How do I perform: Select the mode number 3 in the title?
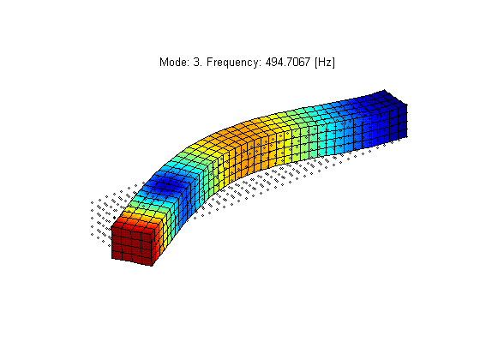click(x=196, y=62)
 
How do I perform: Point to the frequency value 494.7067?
click(x=288, y=62)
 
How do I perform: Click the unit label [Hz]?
click(x=325, y=63)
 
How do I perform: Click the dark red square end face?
click(x=132, y=246)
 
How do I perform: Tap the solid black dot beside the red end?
click(x=115, y=218)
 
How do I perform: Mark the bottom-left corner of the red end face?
click(x=111, y=259)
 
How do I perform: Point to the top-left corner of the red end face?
click(x=111, y=227)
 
